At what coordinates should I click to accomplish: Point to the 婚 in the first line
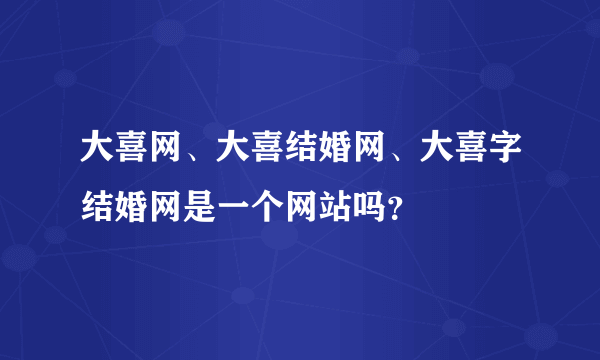point(333,154)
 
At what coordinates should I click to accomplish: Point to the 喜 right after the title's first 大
point(132,154)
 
